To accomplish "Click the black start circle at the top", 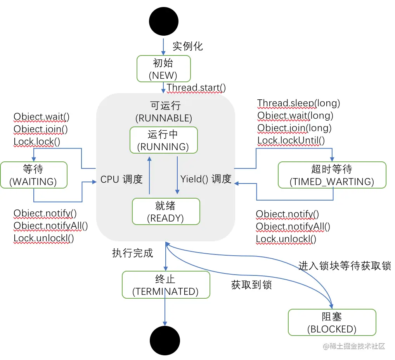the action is tap(164, 21).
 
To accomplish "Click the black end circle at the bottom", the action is tap(165, 341).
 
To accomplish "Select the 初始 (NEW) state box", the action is tap(164, 69).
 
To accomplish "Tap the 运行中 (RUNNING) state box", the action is tap(164, 140).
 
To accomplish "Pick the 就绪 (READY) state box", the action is tap(166, 211).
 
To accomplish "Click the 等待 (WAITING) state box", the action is tap(34, 175).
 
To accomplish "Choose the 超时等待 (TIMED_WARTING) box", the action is tap(332, 175).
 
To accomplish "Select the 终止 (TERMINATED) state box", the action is tap(166, 285).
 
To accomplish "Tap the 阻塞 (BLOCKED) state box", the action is tap(332, 322).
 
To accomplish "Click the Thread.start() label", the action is tap(196, 88).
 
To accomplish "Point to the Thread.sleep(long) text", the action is tap(298, 103).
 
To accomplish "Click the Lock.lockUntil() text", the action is tap(291, 140).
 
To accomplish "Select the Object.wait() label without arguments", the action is tap(41, 117).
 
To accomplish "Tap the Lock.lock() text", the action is tap(37, 142).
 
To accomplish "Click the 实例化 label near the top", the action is tap(188, 46).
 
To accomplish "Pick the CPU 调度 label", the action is tap(121, 179).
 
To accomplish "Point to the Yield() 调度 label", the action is tap(206, 179).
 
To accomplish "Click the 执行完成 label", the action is tap(132, 253).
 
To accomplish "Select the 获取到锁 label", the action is tap(251, 285).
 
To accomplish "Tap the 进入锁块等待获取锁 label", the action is tap(345, 266).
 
